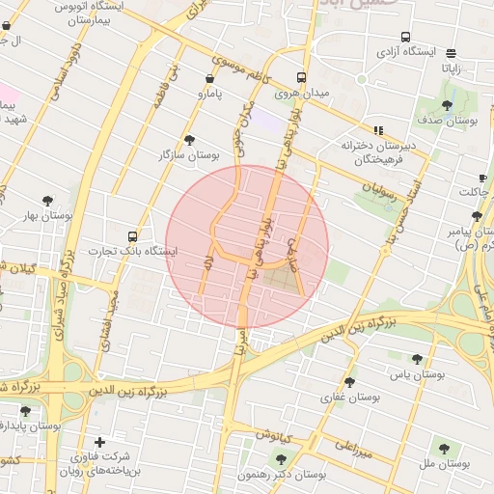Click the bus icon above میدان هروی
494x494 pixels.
pyautogui.click(x=301, y=77)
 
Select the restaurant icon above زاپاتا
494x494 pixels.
pyautogui.click(x=452, y=52)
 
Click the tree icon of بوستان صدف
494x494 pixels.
pyautogui.click(x=447, y=103)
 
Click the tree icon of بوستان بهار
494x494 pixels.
pyautogui.click(x=48, y=201)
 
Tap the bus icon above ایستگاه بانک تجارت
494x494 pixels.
pyautogui.click(x=132, y=235)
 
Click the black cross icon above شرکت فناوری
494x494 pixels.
pyautogui.click(x=99, y=442)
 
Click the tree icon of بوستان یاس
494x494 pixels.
pyautogui.click(x=417, y=359)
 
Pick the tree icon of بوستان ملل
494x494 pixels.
pyautogui.click(x=443, y=449)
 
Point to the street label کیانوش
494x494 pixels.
pyautogui.click(x=274, y=434)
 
